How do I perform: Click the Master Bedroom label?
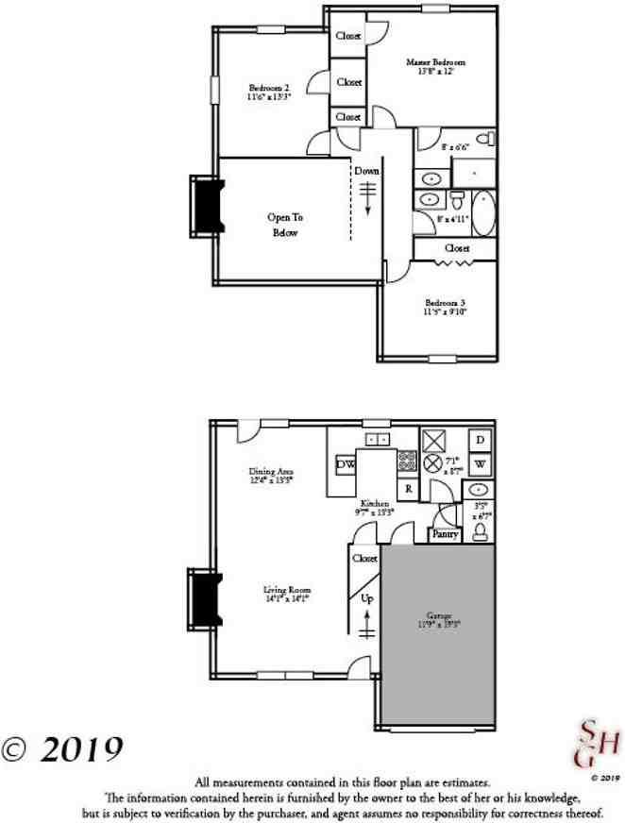(x=435, y=62)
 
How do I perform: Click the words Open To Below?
(x=283, y=225)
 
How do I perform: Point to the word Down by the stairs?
(x=367, y=172)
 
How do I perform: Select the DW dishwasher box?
(x=346, y=464)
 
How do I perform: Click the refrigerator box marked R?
(x=409, y=489)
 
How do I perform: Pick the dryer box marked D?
(x=480, y=441)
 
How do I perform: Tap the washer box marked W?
(x=480, y=464)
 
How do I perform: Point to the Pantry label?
(x=445, y=535)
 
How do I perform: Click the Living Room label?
(x=286, y=593)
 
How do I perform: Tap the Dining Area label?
(x=271, y=474)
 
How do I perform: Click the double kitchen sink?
(x=378, y=439)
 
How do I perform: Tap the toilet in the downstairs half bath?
(x=479, y=532)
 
